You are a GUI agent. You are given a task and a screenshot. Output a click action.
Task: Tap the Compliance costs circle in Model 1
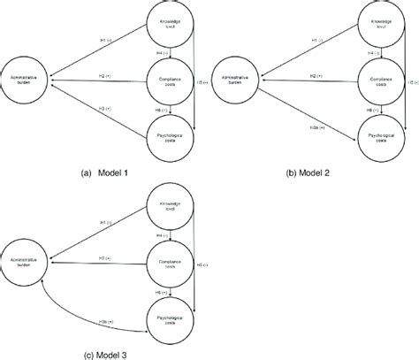(x=167, y=80)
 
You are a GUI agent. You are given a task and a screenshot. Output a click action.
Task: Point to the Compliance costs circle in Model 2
(x=381, y=80)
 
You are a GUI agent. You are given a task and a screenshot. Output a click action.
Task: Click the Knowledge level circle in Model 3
(x=167, y=210)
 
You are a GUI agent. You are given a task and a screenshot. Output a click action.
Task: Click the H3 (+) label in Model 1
(x=104, y=107)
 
